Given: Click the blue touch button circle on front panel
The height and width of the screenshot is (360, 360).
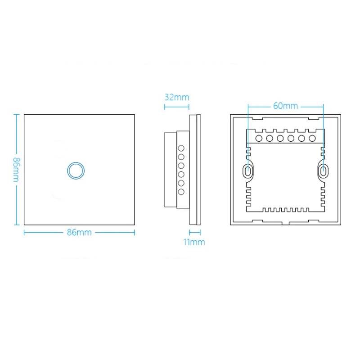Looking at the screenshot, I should pyautogui.click(x=75, y=170).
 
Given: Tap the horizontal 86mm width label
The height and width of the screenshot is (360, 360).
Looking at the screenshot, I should pyautogui.click(x=79, y=232).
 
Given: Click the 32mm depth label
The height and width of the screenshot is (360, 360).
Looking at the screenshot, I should pyautogui.click(x=176, y=97).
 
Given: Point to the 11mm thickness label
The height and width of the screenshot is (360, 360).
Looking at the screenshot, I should pyautogui.click(x=194, y=242).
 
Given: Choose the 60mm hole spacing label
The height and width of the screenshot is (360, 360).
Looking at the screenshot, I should pyautogui.click(x=285, y=106).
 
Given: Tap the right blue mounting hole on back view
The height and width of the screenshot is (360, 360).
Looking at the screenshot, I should pyautogui.click(x=323, y=171).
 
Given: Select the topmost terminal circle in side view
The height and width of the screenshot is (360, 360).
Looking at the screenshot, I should pyautogui.click(x=182, y=148).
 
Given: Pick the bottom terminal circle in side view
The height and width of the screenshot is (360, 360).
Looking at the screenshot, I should pyautogui.click(x=182, y=192).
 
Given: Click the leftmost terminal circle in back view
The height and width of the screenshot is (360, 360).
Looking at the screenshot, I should pyautogui.click(x=259, y=138).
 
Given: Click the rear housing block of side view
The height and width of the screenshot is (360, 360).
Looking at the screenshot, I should pyautogui.click(x=171, y=169).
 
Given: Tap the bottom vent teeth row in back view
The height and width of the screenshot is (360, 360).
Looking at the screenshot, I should pyautogui.click(x=285, y=210).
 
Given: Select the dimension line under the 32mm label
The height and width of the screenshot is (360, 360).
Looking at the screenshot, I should pyautogui.click(x=176, y=107).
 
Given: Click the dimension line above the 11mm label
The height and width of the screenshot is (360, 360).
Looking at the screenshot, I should pyautogui.click(x=194, y=232).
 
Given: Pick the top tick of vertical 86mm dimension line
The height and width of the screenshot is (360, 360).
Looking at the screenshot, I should pyautogui.click(x=17, y=114).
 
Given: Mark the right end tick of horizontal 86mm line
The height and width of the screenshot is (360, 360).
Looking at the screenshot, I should pyautogui.click(x=135, y=232).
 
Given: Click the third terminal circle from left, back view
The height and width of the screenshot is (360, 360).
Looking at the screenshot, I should pyautogui.click(x=280, y=138).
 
